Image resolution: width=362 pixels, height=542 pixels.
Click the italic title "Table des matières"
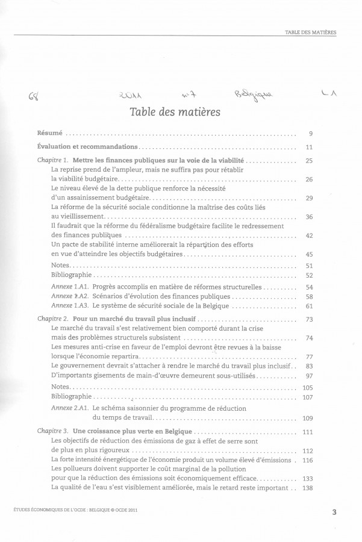[174, 112]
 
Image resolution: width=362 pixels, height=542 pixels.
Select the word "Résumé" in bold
[49, 133]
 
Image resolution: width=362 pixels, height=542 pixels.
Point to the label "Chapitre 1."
[53, 161]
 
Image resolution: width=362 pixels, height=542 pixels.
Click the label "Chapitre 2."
[53, 319]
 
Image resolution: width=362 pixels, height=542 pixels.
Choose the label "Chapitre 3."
[53, 432]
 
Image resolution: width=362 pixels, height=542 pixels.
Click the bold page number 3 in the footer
[334, 513]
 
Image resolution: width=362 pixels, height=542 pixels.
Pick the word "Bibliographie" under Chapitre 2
[72, 397]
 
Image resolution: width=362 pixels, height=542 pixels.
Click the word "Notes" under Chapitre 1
[61, 265]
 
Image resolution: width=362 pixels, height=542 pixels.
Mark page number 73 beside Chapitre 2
[310, 319]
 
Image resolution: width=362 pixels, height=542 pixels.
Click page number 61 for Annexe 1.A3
[310, 306]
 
